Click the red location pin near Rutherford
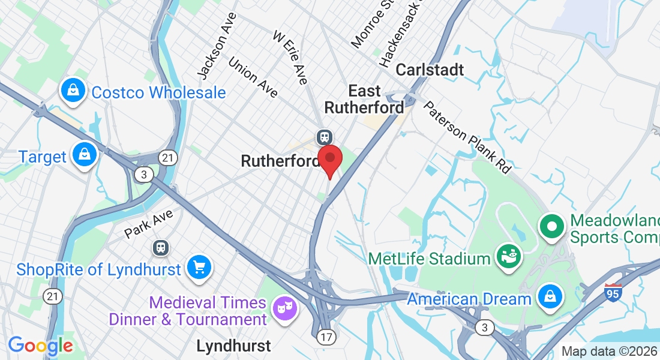coord(329,160)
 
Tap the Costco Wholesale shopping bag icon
coord(73,92)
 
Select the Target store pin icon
coord(85,155)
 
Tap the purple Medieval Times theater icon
coord(284,308)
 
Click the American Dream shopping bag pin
coord(549,296)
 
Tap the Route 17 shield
coord(326,337)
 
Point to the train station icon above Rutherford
coord(325,137)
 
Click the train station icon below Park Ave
coord(160,247)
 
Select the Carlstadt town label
coord(430,70)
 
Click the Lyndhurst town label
coord(233,346)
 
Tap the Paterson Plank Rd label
coord(467,137)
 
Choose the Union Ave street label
coord(253,77)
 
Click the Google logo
coord(41,346)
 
